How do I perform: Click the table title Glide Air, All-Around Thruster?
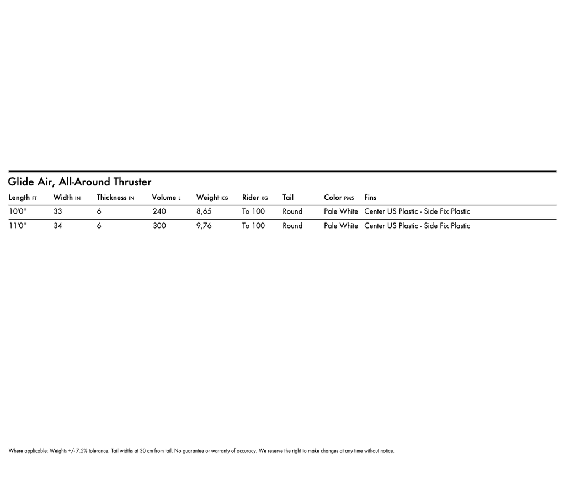click(79, 182)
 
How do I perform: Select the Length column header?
click(23, 198)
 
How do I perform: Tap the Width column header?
click(67, 198)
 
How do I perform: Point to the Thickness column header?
click(115, 198)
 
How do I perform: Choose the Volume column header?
click(166, 198)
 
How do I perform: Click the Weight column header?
click(212, 198)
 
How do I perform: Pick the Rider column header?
click(255, 198)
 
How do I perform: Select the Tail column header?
click(288, 198)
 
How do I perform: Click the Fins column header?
click(370, 198)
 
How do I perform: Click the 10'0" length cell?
click(18, 211)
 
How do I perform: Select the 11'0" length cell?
click(18, 226)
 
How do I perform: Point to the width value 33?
click(58, 211)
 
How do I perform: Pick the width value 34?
click(58, 226)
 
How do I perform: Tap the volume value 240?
click(159, 211)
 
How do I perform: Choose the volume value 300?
click(159, 226)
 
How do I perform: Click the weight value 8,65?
click(204, 211)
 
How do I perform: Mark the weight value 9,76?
click(204, 226)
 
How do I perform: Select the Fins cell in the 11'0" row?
click(417, 226)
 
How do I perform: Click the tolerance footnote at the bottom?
click(201, 451)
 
